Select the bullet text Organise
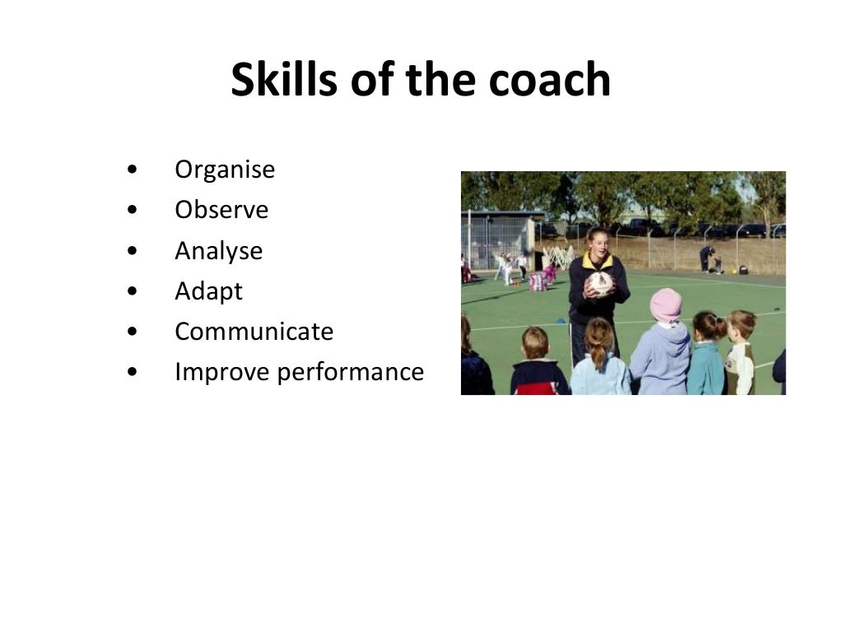click(x=225, y=170)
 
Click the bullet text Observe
click(x=221, y=210)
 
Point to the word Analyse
click(x=218, y=250)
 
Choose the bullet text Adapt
click(x=208, y=291)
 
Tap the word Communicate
click(x=254, y=331)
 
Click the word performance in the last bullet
click(x=350, y=373)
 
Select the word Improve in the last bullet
click(x=221, y=372)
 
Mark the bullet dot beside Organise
click(x=133, y=170)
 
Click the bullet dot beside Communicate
click(x=133, y=332)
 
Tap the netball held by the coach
click(x=599, y=284)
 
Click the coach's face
click(x=598, y=244)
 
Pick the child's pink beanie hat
click(x=665, y=304)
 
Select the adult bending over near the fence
click(x=707, y=257)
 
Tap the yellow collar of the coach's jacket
click(x=598, y=263)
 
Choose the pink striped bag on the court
click(x=538, y=281)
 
